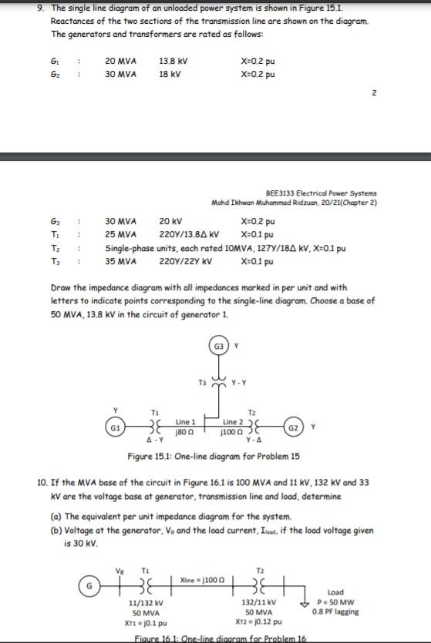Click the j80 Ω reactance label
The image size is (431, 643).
(x=186, y=430)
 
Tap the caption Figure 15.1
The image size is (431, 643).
(x=214, y=456)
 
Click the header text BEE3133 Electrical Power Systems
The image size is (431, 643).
(x=321, y=193)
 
